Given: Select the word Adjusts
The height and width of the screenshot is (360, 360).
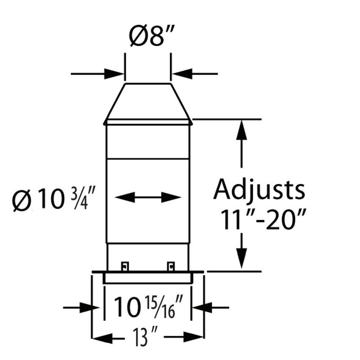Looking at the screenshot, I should click(259, 190).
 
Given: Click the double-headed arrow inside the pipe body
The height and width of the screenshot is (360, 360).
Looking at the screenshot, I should click(148, 197).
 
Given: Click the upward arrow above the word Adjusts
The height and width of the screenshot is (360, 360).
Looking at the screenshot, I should click(241, 131).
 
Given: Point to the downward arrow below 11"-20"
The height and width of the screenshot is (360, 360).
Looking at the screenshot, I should click(241, 257).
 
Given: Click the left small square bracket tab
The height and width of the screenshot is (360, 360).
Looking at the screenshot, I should click(125, 266).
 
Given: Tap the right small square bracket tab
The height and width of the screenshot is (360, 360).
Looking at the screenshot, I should click(171, 266).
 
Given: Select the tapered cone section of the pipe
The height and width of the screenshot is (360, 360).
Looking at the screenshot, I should click(148, 102).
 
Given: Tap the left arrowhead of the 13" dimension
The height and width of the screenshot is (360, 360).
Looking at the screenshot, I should click(102, 337).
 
